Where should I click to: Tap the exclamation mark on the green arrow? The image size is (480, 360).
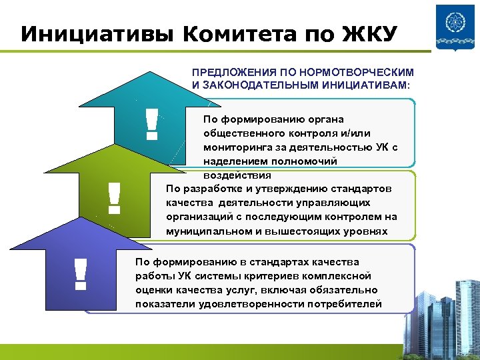tap(114, 198)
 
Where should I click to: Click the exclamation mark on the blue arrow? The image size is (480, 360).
tap(81, 273)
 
